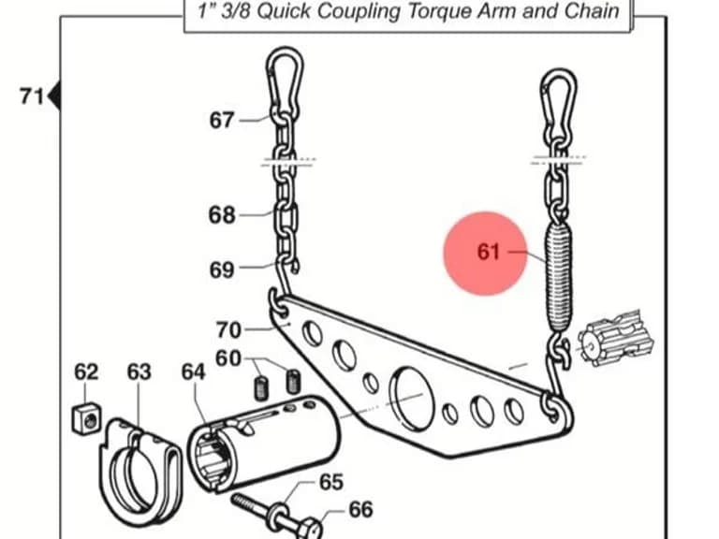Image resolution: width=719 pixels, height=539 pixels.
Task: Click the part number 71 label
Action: click(31, 96)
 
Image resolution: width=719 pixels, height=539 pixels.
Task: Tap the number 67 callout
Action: click(222, 120)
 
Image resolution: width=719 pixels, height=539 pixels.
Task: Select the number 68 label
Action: click(222, 214)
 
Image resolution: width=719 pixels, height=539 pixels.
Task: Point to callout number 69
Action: click(222, 269)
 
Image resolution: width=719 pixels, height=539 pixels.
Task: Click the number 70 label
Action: click(228, 330)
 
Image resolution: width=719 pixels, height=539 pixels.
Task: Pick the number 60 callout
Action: click(227, 358)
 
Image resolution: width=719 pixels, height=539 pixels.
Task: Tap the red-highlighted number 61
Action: click(488, 252)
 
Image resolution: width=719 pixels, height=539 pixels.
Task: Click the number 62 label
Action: click(86, 371)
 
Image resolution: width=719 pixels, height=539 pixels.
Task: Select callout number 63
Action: click(139, 371)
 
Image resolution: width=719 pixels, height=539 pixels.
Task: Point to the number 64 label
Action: click(193, 371)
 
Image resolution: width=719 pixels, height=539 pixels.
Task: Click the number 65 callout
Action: click(330, 482)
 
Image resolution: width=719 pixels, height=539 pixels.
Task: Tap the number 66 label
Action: click(360, 510)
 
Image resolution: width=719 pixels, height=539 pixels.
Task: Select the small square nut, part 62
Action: click(87, 417)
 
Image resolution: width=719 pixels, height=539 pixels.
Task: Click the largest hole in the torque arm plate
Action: click(412, 398)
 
